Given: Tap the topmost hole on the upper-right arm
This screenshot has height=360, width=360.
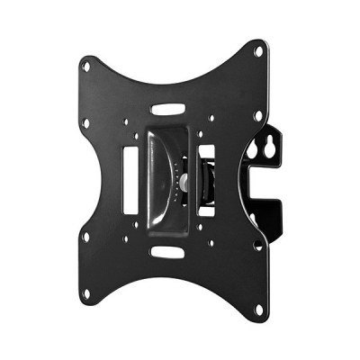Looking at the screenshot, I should click(259, 51).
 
